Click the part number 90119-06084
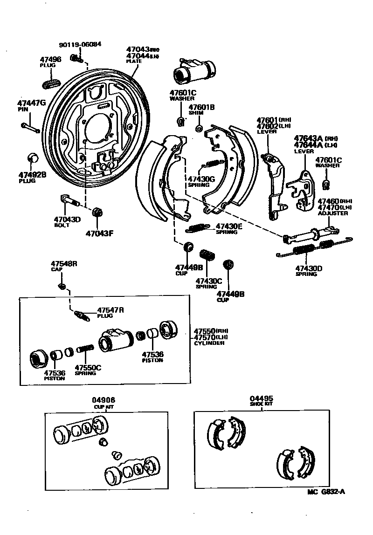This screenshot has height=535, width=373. click(80, 45)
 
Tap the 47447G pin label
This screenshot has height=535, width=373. click(31, 103)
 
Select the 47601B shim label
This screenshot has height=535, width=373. click(201, 108)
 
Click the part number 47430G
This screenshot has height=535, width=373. click(201, 178)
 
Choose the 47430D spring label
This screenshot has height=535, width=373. click(309, 268)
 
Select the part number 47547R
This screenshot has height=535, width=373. click(111, 310)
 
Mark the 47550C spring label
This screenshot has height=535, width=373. click(88, 367)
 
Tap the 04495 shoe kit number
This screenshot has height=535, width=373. click(261, 398)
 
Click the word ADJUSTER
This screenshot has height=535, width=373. click(332, 213)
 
